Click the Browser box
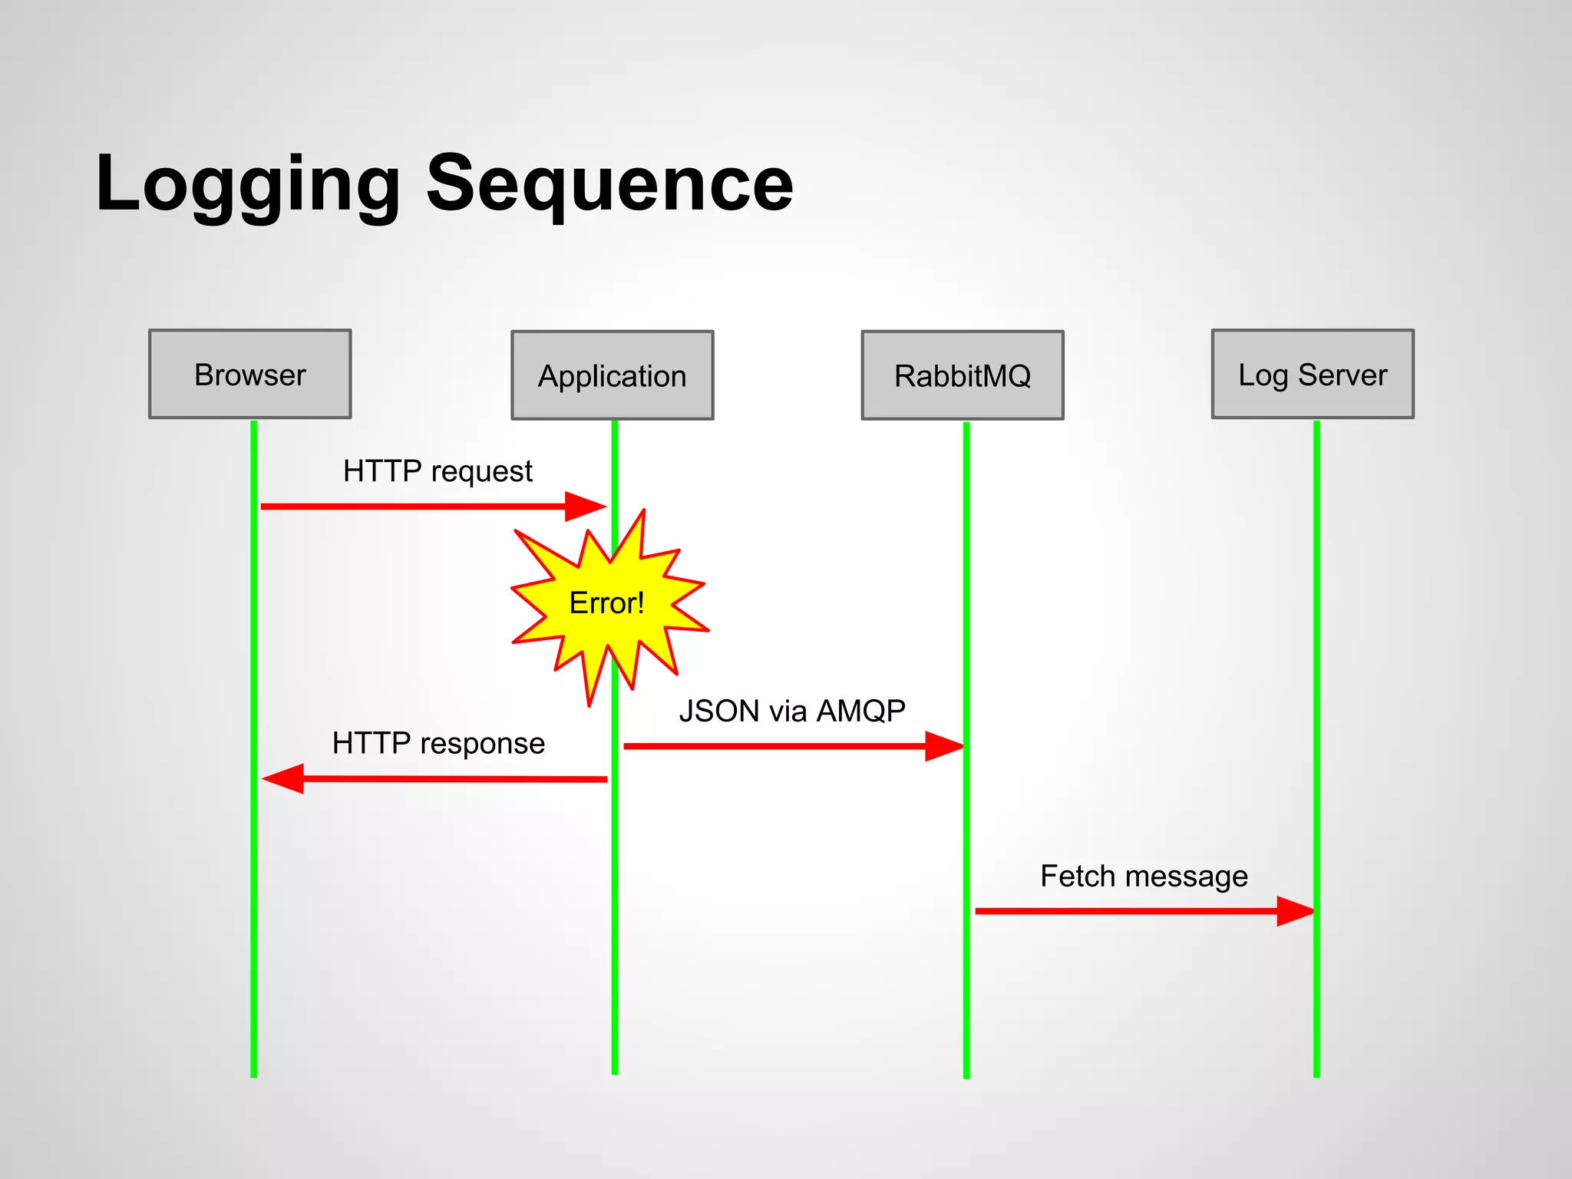click(249, 375)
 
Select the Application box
click(612, 375)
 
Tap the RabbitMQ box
click(962, 375)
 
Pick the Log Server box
click(1312, 375)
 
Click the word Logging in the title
click(247, 184)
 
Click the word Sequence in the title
click(609, 184)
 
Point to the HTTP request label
click(438, 471)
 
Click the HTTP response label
click(438, 743)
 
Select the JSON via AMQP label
click(791, 711)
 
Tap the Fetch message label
click(1143, 876)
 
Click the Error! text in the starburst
click(606, 603)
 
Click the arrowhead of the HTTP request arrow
click(586, 507)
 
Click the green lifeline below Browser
click(253, 921)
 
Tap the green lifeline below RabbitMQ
click(966, 959)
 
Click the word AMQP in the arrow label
click(860, 711)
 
